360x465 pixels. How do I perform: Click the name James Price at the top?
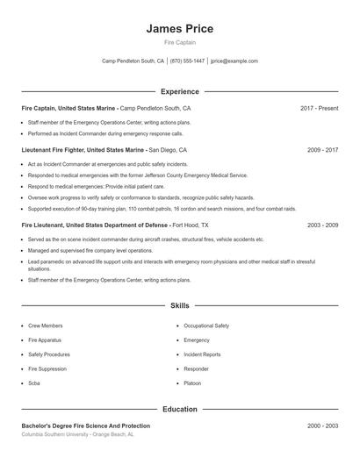pyautogui.click(x=179, y=28)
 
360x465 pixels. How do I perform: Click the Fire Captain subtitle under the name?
pyautogui.click(x=179, y=41)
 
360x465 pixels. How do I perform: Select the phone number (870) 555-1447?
pyautogui.click(x=187, y=61)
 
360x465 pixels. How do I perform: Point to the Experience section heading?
pyautogui.click(x=179, y=91)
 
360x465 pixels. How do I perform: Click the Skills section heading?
pyautogui.click(x=179, y=306)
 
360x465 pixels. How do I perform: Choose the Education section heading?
pyautogui.click(x=179, y=409)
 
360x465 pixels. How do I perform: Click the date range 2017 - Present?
pyautogui.click(x=319, y=108)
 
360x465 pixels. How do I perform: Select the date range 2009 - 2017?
pyautogui.click(x=322, y=150)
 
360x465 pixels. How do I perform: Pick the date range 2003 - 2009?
pyautogui.click(x=322, y=225)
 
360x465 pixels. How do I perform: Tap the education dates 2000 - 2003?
pyautogui.click(x=322, y=426)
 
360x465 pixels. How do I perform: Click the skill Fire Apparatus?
pyautogui.click(x=45, y=340)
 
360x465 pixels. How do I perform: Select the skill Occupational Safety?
pyautogui.click(x=206, y=325)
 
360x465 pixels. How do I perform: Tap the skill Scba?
pyautogui.click(x=35, y=383)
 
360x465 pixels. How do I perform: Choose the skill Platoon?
pyautogui.click(x=193, y=383)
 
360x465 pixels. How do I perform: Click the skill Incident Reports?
pyautogui.click(x=202, y=354)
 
